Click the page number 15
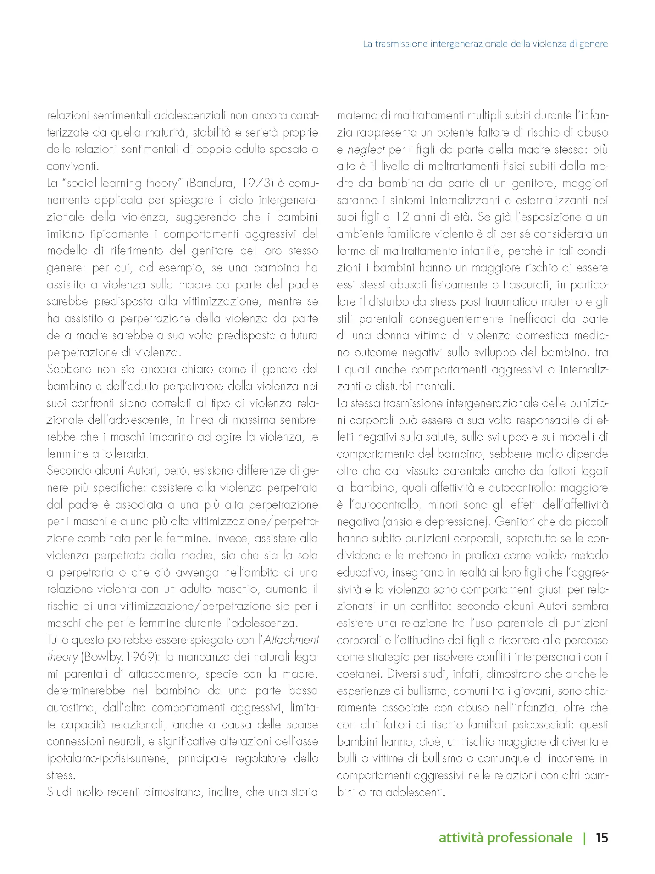tap(601, 837)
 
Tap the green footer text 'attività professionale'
tap(505, 838)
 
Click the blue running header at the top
tap(485, 44)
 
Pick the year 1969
tap(139, 657)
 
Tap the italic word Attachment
tap(291, 640)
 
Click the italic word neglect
tap(366, 149)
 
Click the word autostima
tap(71, 708)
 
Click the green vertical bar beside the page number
tap(584, 838)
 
